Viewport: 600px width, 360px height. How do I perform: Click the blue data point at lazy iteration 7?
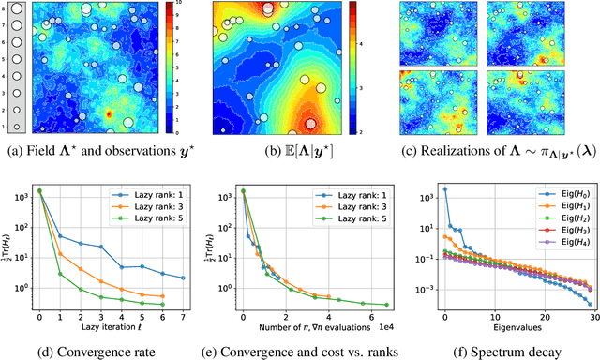183,278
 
